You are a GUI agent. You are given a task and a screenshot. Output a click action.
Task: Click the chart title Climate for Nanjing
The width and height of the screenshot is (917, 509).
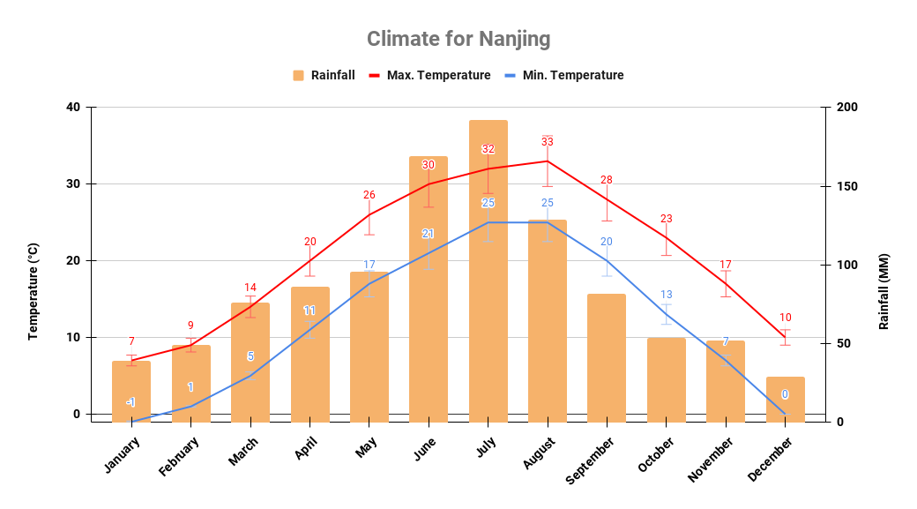(458, 40)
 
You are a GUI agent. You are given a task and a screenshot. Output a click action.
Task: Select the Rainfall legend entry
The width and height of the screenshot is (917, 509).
(324, 76)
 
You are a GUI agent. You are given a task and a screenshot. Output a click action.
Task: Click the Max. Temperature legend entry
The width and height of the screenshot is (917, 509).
(429, 76)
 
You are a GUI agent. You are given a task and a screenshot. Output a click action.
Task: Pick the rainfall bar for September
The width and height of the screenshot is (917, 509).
(607, 357)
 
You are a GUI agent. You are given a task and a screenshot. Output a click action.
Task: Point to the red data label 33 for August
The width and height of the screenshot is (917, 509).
(548, 142)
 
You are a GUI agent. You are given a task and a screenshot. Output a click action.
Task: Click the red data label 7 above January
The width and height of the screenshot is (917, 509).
(131, 341)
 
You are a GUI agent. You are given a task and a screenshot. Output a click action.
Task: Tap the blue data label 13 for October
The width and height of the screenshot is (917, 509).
(667, 295)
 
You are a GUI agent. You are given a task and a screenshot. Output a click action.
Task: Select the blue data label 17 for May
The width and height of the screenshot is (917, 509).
(369, 265)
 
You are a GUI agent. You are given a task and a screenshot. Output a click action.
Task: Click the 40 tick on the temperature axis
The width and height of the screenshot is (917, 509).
(72, 108)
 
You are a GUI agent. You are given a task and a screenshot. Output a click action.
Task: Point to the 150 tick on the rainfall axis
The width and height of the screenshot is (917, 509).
(846, 186)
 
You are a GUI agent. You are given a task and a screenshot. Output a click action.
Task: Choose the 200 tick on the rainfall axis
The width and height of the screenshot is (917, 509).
(846, 108)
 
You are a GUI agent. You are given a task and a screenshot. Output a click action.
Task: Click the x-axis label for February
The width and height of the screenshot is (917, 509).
(179, 455)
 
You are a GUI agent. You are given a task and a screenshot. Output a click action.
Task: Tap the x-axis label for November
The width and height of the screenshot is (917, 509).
(710, 459)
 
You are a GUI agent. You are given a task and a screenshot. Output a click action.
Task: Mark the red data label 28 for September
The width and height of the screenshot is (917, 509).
(607, 180)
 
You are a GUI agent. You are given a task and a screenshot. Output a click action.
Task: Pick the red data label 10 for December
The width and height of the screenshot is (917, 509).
(785, 318)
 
